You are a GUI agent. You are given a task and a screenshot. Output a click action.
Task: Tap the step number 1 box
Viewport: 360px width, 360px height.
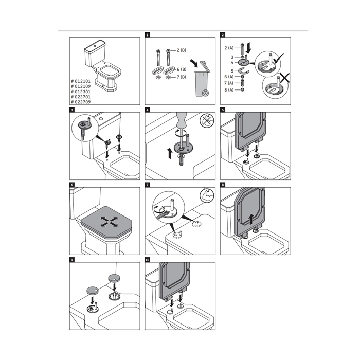(x=148, y=35)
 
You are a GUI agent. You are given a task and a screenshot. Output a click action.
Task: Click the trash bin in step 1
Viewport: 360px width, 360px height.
(x=201, y=82)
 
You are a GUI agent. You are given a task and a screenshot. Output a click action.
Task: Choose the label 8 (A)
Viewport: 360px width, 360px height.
(x=229, y=90)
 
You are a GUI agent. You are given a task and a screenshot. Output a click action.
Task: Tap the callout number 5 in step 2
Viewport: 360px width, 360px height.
(x=232, y=70)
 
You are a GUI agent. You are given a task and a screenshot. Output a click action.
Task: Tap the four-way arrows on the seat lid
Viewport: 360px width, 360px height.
(x=109, y=222)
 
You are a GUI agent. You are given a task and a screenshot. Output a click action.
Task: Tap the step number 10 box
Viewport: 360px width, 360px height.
(x=148, y=260)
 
